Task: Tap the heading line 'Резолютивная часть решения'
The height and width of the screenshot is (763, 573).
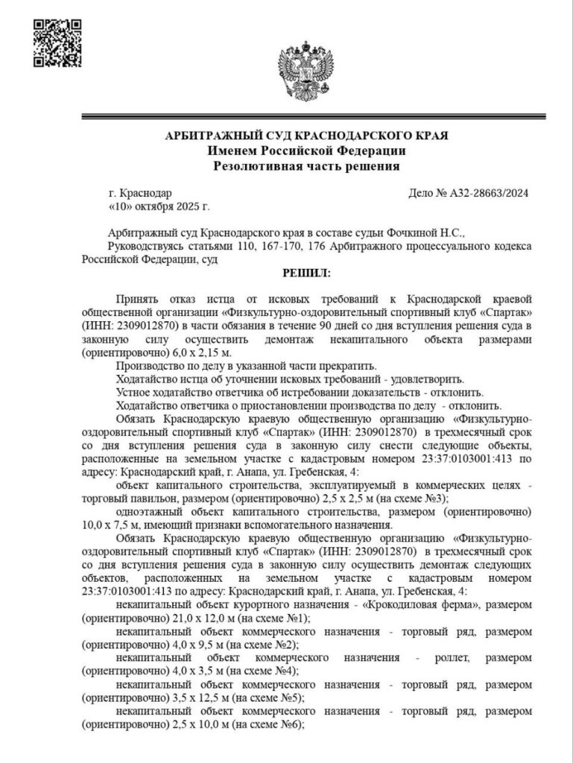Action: coord(306,165)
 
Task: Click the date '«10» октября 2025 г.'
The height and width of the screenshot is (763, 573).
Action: coord(159,206)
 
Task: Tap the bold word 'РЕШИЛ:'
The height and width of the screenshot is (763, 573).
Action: coord(306,273)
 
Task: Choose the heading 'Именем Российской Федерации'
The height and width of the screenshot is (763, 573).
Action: coord(306,151)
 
